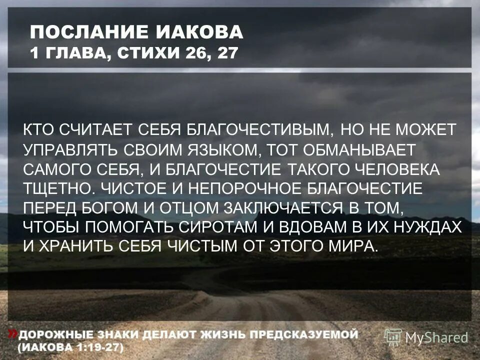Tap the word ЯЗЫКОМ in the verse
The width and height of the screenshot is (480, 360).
coord(218,149)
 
